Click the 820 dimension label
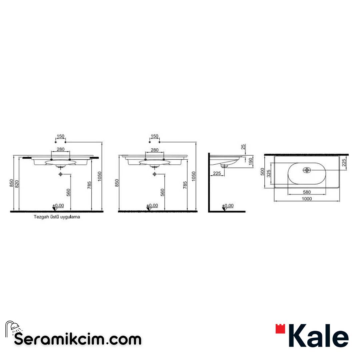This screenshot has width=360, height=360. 17,184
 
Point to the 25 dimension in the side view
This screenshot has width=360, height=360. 243,147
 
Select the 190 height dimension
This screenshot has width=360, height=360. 250,160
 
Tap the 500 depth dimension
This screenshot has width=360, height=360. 262,172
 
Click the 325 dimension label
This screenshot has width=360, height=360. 268,173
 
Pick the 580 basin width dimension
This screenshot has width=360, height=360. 307,192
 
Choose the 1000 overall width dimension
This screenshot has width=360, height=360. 307,199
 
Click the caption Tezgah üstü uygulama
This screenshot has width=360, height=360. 57,217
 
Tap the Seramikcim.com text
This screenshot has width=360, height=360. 78,340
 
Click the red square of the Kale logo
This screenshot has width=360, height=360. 280,329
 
